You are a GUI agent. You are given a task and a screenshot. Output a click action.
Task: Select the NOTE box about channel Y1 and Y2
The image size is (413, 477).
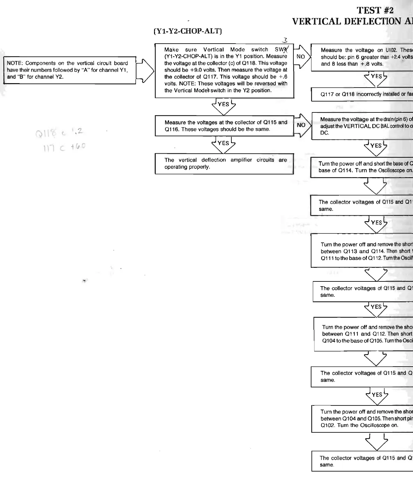70,70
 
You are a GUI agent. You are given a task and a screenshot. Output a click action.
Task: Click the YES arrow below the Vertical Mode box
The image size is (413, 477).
224,106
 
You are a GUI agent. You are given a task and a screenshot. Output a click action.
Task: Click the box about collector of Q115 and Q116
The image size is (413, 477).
224,126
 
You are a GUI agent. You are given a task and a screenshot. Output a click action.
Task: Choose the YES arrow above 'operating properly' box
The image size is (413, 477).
224,144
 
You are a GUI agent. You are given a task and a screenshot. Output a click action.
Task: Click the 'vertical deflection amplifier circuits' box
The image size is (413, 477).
224,164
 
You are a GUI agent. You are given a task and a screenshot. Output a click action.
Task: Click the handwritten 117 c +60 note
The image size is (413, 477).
63,146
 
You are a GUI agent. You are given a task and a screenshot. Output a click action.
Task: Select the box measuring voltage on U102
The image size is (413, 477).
362,57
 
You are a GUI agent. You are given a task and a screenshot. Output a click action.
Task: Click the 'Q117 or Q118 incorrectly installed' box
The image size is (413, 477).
362,94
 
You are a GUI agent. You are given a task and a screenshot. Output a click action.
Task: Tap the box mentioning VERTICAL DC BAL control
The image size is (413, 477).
362,126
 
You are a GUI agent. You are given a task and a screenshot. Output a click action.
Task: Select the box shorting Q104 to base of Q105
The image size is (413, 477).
364,334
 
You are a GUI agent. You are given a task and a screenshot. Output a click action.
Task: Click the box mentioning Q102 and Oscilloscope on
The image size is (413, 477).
362,419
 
